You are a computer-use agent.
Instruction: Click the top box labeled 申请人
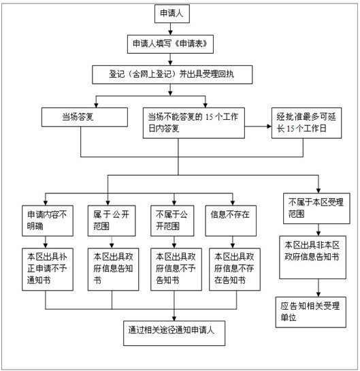172,14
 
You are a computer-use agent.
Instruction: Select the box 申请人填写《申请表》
170,44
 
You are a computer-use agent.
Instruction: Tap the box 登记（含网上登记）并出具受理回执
172,75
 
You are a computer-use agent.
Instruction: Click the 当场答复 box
84,117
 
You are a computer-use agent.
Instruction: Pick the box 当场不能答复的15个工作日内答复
194,123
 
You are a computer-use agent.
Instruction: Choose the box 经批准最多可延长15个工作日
306,123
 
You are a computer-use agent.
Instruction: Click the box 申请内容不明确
48,221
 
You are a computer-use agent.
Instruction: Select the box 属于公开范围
112,221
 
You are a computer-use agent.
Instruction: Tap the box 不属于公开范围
172,221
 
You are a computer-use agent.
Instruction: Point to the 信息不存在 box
231,221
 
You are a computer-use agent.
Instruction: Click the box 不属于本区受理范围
316,208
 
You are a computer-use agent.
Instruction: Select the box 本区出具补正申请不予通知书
48,270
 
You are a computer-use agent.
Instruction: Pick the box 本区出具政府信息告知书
113,270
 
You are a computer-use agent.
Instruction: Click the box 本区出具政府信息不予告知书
176,270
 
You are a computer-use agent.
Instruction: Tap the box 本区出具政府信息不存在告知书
235,270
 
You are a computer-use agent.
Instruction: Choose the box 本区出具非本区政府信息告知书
312,257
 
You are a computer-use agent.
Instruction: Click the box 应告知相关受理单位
311,312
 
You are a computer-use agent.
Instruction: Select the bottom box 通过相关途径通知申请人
174,334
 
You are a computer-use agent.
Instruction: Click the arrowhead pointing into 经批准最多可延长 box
269,127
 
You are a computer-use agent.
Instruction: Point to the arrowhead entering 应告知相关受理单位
318,295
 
